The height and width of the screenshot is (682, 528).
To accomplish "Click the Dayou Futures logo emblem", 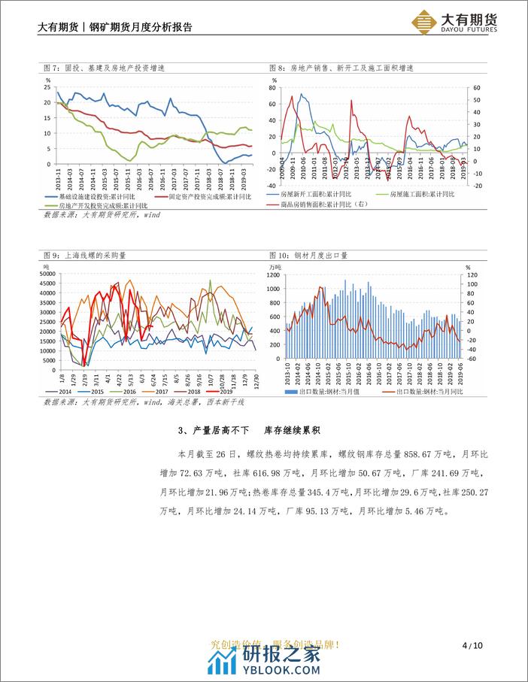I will pos(426,22).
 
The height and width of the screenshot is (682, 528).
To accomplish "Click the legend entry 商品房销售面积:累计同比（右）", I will pos(324,205).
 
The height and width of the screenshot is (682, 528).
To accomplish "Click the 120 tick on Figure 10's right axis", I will pos(472,274).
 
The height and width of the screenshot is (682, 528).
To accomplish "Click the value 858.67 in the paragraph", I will pos(407,456).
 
